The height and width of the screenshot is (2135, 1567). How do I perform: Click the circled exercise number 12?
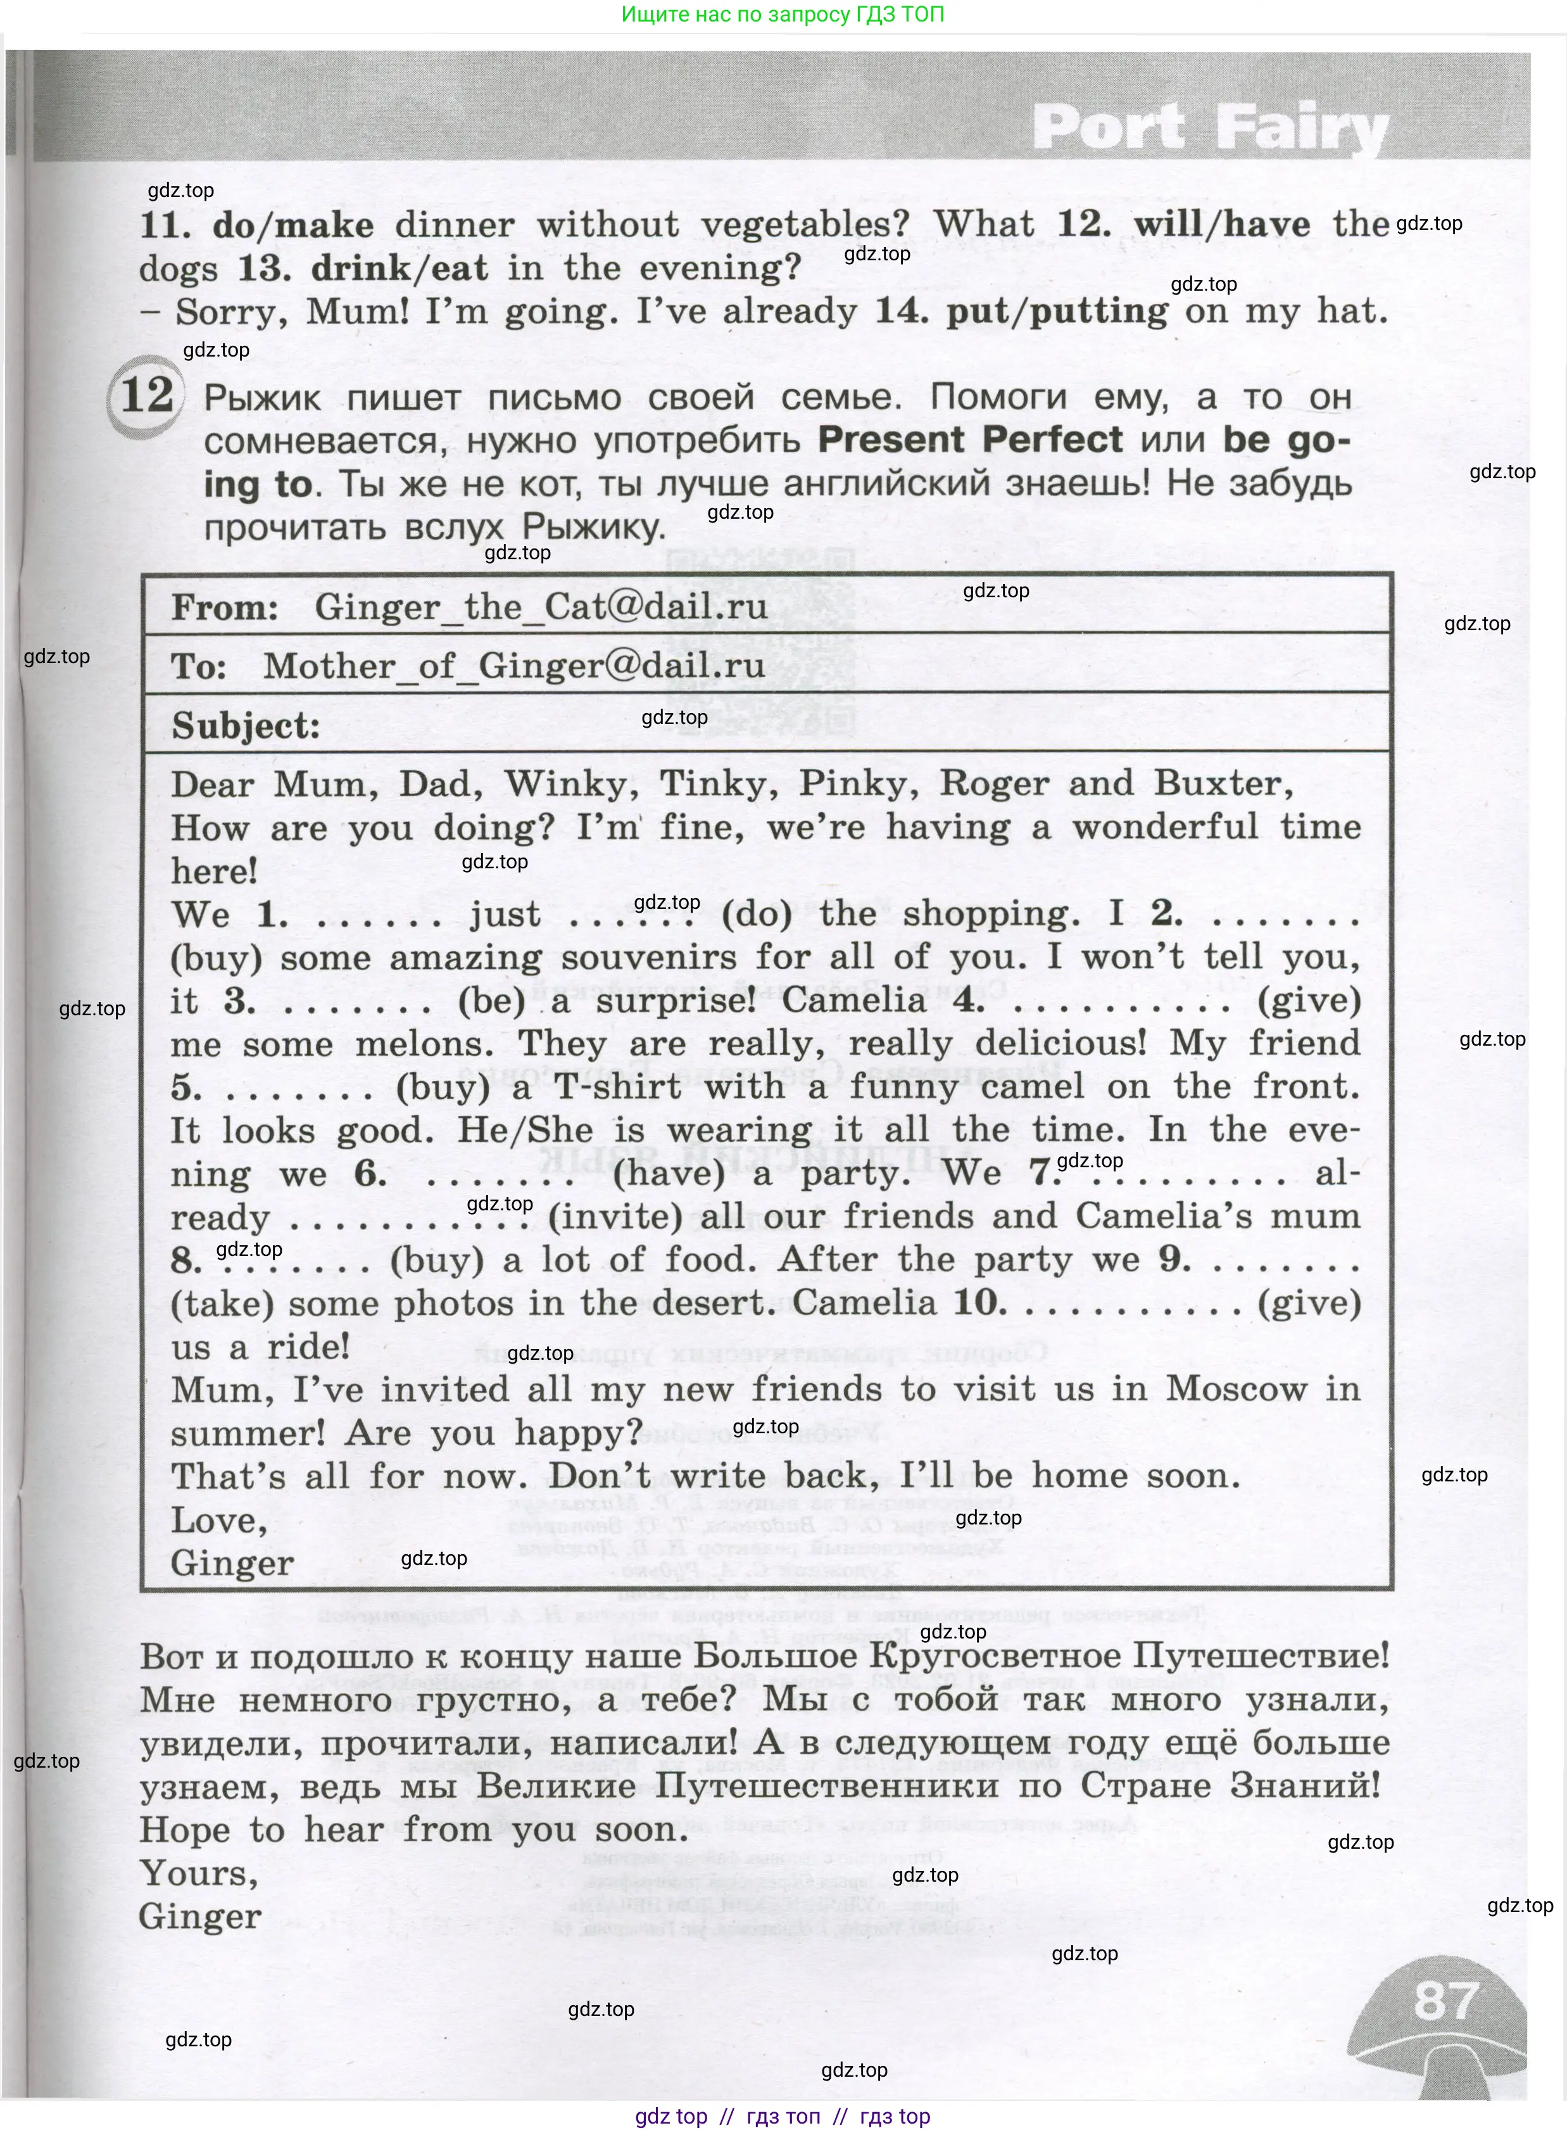147,395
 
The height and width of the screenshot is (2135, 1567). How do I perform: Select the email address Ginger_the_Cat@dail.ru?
541,606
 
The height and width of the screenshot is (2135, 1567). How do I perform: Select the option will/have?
1222,224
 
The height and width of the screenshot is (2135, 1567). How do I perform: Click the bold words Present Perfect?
969,440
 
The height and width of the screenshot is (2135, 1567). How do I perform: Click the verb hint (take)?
222,1304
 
